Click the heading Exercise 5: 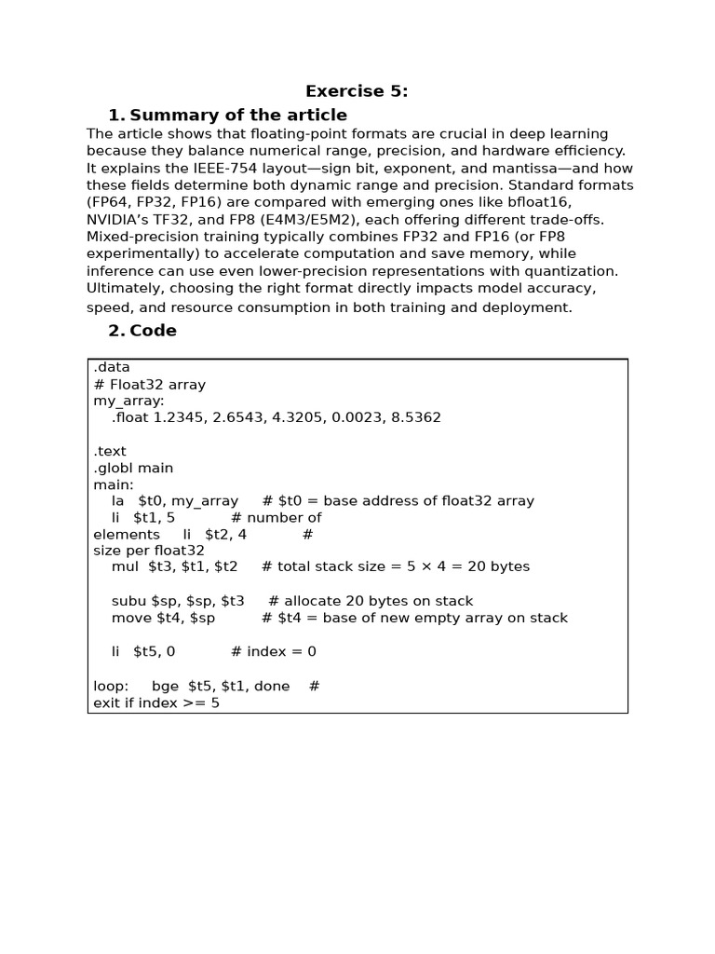pos(357,91)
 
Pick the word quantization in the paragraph pos(573,271)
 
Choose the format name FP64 pos(113,202)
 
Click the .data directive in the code pos(112,367)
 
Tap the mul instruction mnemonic pos(125,566)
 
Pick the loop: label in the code pos(112,686)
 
